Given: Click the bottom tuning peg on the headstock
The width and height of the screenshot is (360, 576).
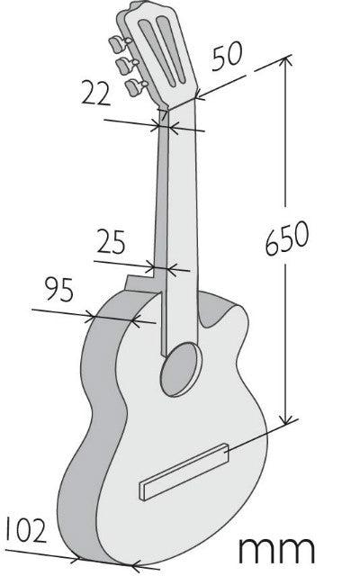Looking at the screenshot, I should point(134,86).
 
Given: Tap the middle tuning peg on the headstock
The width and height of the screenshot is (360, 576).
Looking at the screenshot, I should point(125,67).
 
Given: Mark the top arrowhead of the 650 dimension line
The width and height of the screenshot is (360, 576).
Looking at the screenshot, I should point(288,61).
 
